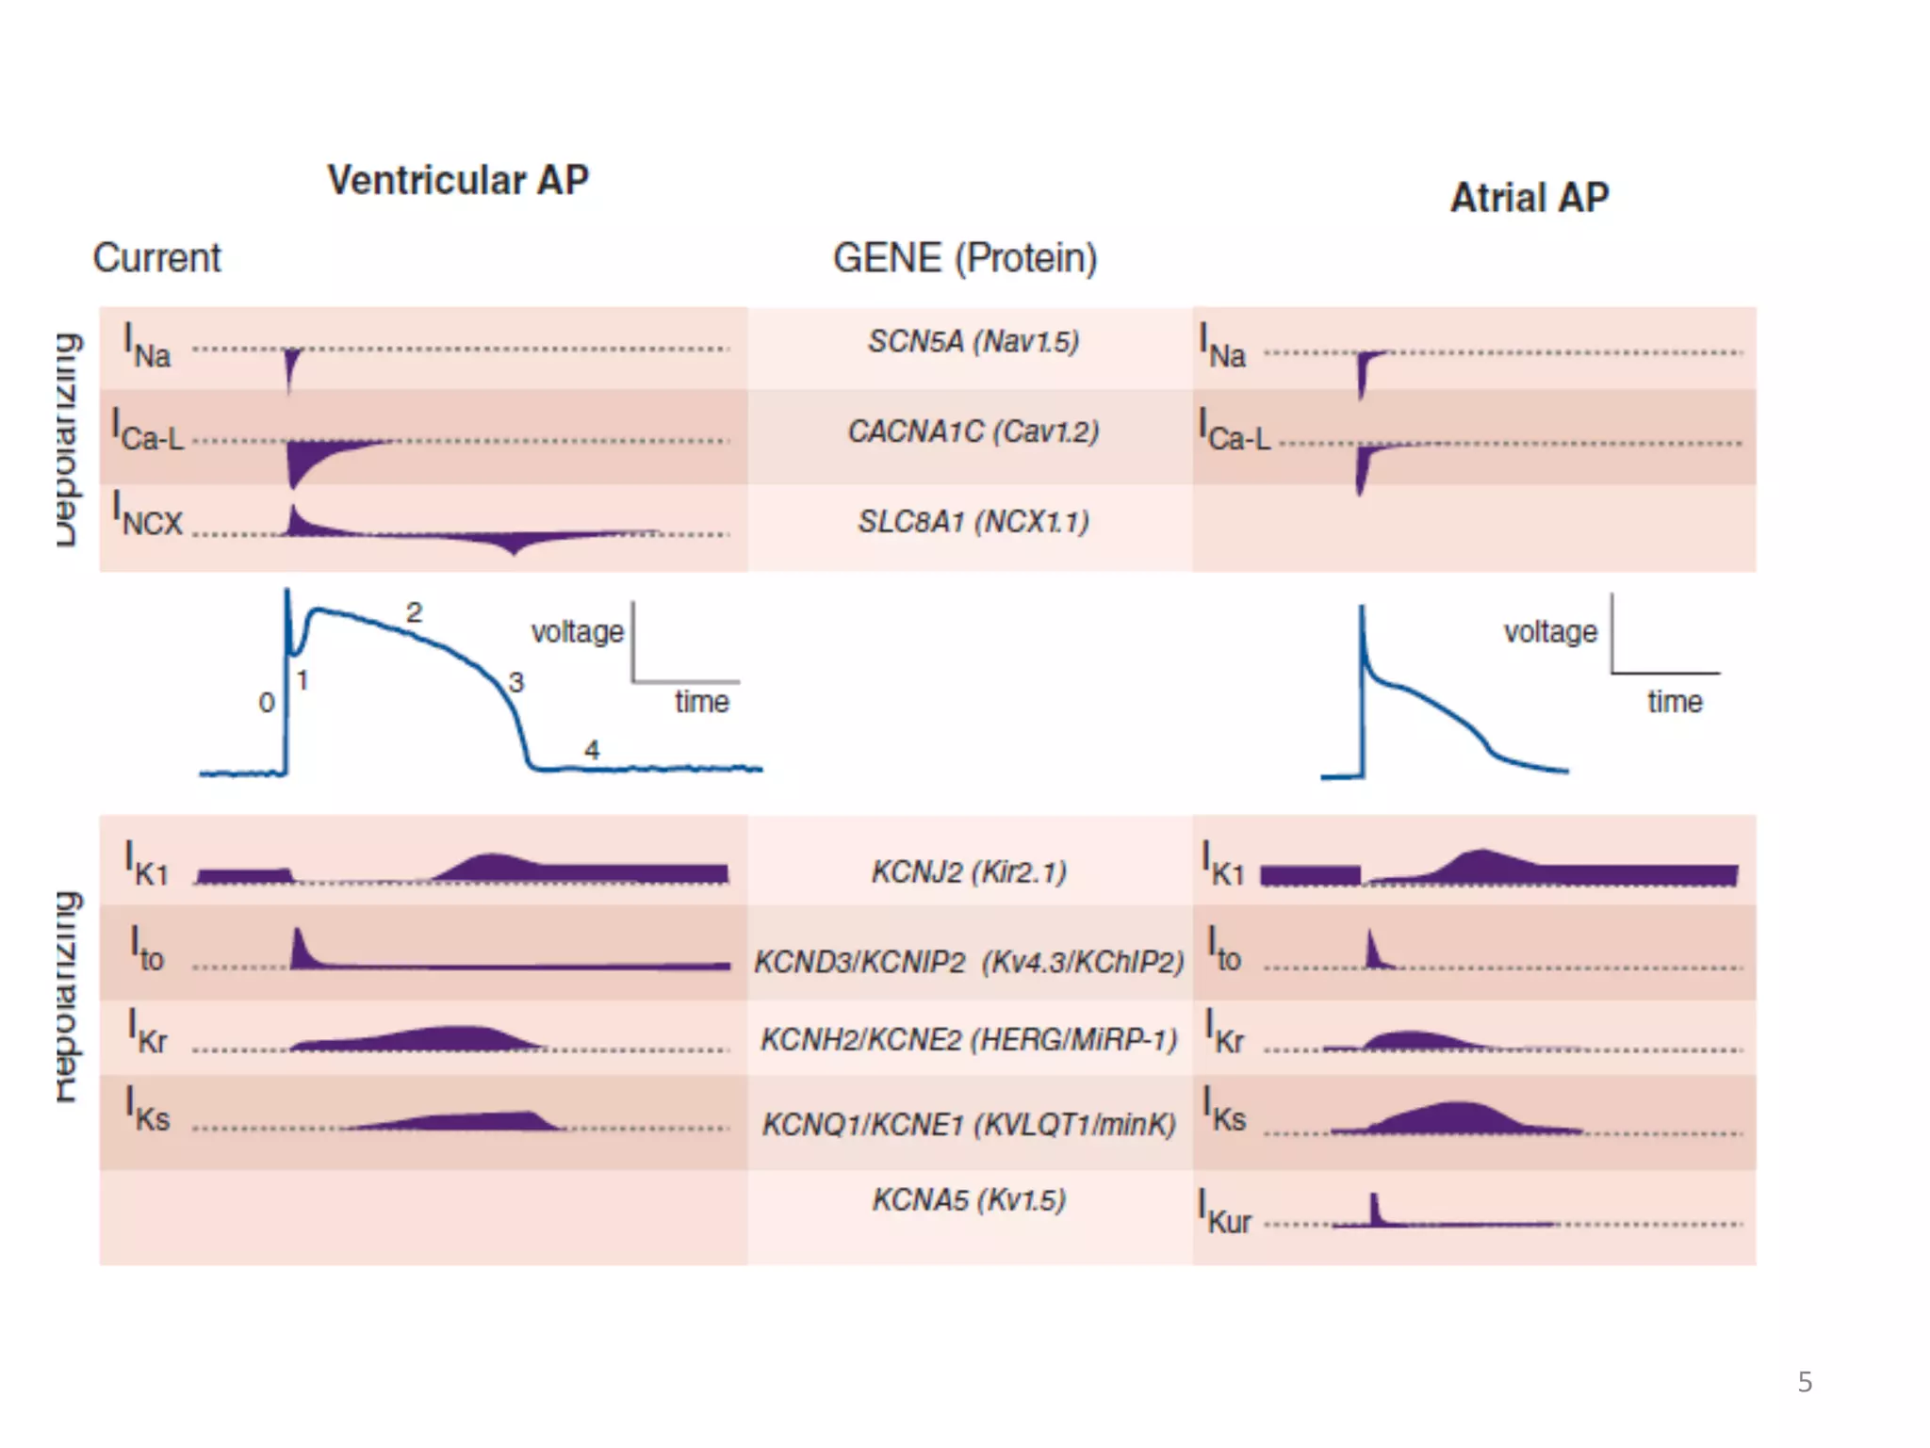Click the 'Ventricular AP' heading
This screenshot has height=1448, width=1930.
tap(458, 180)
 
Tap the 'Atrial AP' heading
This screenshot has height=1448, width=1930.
tap(1529, 198)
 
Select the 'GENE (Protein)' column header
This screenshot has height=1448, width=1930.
tap(965, 258)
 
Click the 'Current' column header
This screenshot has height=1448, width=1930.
tap(156, 258)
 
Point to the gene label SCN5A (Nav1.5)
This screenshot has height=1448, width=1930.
tap(973, 341)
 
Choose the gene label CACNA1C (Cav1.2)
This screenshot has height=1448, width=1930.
tap(973, 431)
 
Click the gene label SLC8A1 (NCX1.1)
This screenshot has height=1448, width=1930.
tap(973, 521)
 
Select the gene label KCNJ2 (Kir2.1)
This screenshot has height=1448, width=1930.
tap(969, 871)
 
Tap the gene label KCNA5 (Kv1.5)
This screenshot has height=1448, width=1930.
tap(969, 1199)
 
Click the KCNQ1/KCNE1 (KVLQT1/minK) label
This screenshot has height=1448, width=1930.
tap(969, 1124)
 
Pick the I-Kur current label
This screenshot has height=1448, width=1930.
tap(1224, 1212)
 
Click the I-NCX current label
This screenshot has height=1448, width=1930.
tap(147, 514)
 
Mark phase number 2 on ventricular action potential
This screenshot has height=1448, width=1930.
tap(414, 612)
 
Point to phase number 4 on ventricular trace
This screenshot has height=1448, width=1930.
tap(592, 750)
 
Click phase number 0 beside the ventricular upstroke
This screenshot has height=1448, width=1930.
tap(267, 702)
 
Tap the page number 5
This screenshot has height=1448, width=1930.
tap(1805, 1382)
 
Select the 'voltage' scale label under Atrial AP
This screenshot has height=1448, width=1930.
tap(1550, 631)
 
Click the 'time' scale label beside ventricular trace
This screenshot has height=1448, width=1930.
tap(701, 702)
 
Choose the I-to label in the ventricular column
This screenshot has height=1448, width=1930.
tap(147, 950)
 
